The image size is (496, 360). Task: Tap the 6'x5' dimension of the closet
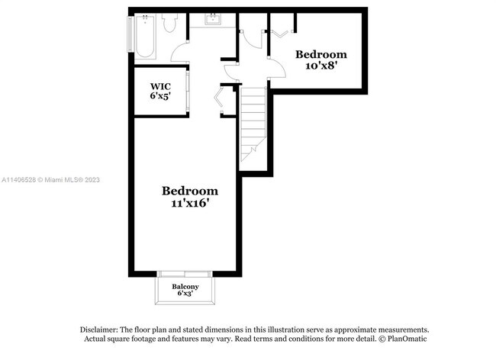point(159,97)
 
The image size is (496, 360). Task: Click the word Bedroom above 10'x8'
point(320,54)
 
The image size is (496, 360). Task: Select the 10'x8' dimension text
point(320,66)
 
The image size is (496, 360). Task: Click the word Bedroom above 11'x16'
point(189,191)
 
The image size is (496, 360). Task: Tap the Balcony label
point(185,286)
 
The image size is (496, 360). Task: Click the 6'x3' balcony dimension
point(185,294)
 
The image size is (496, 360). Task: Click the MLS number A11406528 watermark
point(18,180)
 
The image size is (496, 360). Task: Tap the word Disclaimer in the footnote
point(99,329)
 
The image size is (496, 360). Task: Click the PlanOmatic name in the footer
point(407,339)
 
